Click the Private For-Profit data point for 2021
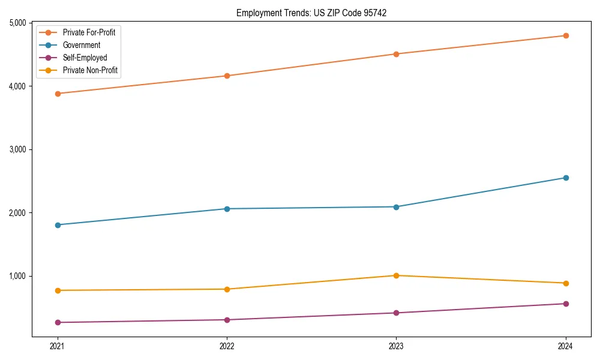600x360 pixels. pos(58,94)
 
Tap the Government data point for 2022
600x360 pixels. pos(227,209)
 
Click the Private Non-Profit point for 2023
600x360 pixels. pos(396,275)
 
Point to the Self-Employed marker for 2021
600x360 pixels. pos(58,323)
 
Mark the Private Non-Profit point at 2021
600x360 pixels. pos(58,290)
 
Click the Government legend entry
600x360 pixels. pos(81,45)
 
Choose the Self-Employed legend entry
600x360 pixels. pos(85,58)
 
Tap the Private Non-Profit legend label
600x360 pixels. pos(90,70)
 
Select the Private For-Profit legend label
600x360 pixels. pos(89,32)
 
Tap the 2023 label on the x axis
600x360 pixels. pos(396,346)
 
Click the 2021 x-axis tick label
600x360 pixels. pos(58,346)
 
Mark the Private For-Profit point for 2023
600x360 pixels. pos(396,54)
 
